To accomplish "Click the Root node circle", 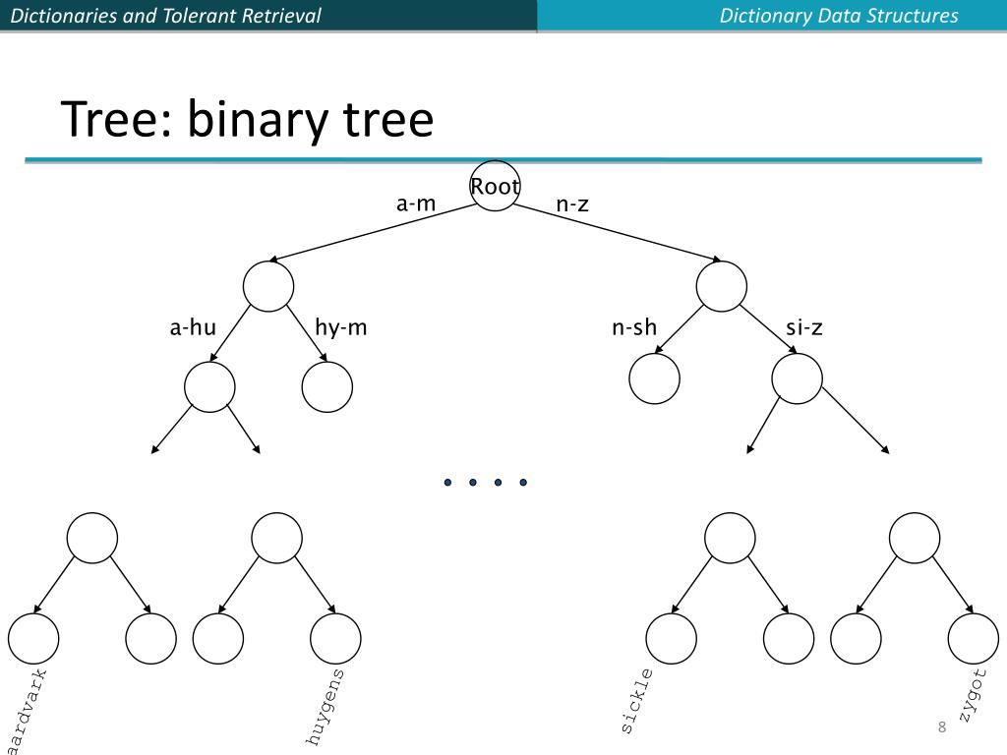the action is pyautogui.click(x=495, y=186).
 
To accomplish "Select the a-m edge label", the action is pyautogui.click(x=415, y=203).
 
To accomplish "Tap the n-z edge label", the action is pyautogui.click(x=572, y=203).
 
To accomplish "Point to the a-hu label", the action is pyautogui.click(x=193, y=327).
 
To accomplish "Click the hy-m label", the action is pyautogui.click(x=341, y=327).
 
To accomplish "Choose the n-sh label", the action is pyautogui.click(x=634, y=327).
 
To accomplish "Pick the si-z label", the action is pyautogui.click(x=804, y=327).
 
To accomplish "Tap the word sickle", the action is pyautogui.click(x=636, y=702).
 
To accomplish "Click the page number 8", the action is pyautogui.click(x=942, y=727).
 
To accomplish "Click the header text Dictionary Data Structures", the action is pyautogui.click(x=839, y=16).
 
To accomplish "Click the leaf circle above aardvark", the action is pyautogui.click(x=33, y=638).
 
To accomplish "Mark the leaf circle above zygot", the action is pyautogui.click(x=974, y=638).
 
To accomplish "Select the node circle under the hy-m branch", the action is pyautogui.click(x=327, y=387).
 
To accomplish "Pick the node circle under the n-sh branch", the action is pyautogui.click(x=654, y=378).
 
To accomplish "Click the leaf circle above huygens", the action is pyautogui.click(x=335, y=638).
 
